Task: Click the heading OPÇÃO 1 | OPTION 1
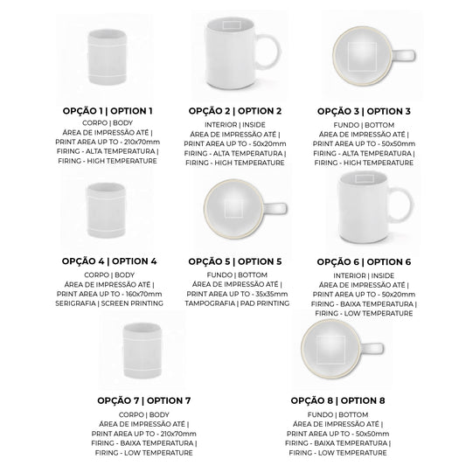click(x=108, y=111)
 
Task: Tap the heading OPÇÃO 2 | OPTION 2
click(x=235, y=111)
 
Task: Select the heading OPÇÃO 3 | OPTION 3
click(x=364, y=111)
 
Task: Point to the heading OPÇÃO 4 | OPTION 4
click(x=109, y=261)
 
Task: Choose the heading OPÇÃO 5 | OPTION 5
click(x=235, y=261)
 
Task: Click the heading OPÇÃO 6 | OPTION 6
click(x=364, y=261)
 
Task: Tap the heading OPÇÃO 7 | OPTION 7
click(x=144, y=400)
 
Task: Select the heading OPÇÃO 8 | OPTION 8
click(x=337, y=400)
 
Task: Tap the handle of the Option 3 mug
click(x=404, y=56)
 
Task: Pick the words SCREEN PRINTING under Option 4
click(x=132, y=303)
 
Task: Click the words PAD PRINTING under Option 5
click(x=265, y=303)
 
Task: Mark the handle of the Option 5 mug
click(x=275, y=208)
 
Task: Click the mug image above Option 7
click(x=142, y=351)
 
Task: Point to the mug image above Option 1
click(x=108, y=57)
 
